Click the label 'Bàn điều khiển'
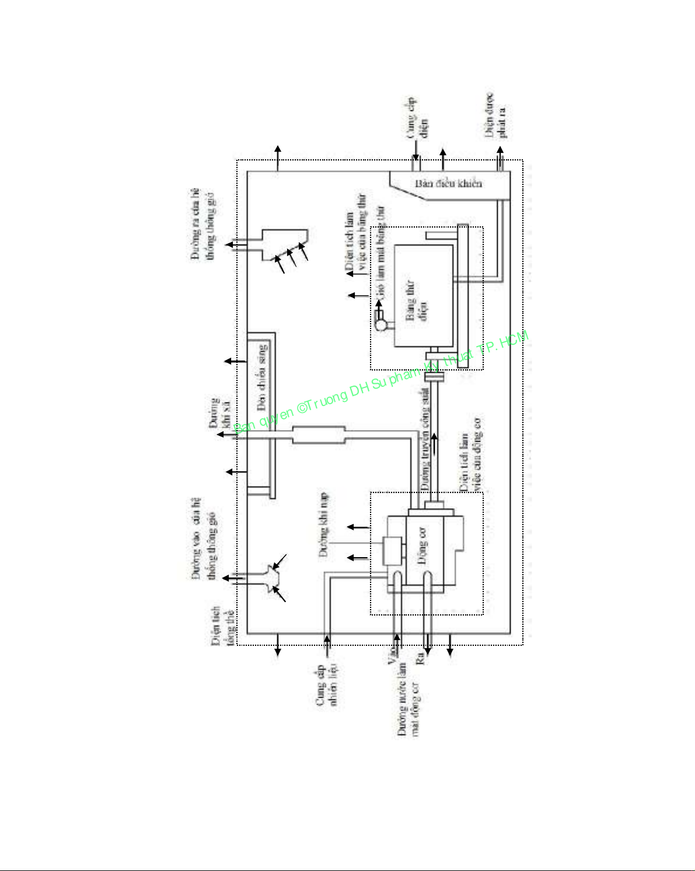coord(448,184)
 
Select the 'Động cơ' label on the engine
coord(422,548)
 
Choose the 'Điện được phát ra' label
coord(496,116)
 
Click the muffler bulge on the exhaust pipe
coord(319,435)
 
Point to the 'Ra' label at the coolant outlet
coord(419,659)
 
